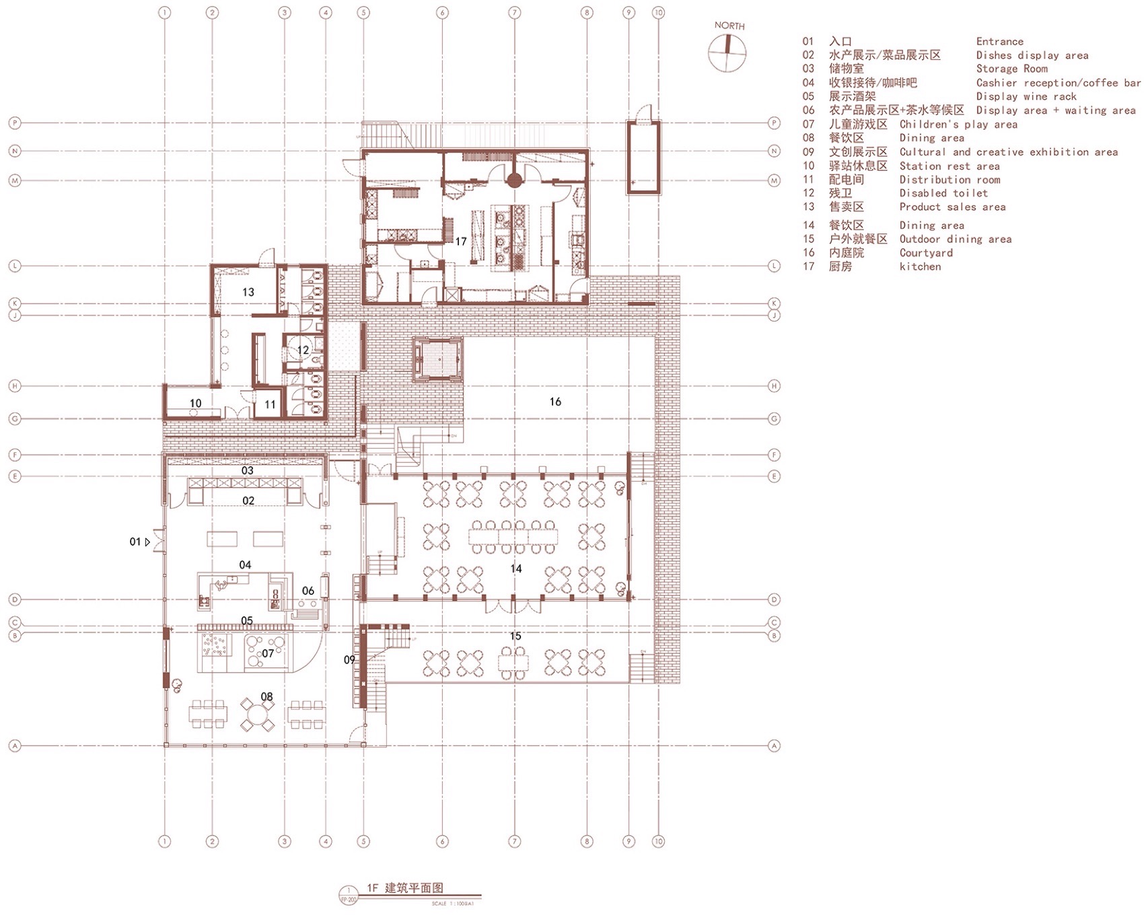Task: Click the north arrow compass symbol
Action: click(727, 52)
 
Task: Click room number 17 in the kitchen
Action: click(461, 242)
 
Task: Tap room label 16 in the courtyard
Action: click(555, 402)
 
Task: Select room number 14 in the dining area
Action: click(516, 569)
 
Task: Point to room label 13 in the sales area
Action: click(248, 292)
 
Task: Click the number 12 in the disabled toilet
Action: click(303, 350)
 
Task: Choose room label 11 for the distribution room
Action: click(270, 404)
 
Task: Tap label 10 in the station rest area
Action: click(195, 404)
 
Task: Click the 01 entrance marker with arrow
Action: click(139, 542)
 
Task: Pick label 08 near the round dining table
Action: click(267, 696)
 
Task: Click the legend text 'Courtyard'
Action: click(926, 253)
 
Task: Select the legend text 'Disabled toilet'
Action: click(943, 193)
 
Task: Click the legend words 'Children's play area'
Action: click(958, 124)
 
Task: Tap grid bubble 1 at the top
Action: click(164, 13)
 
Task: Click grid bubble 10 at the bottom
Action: click(658, 841)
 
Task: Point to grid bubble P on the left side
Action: click(15, 123)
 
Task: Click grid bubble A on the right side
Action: click(775, 745)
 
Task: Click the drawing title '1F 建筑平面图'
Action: click(404, 888)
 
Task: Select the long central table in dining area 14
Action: click(515, 536)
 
